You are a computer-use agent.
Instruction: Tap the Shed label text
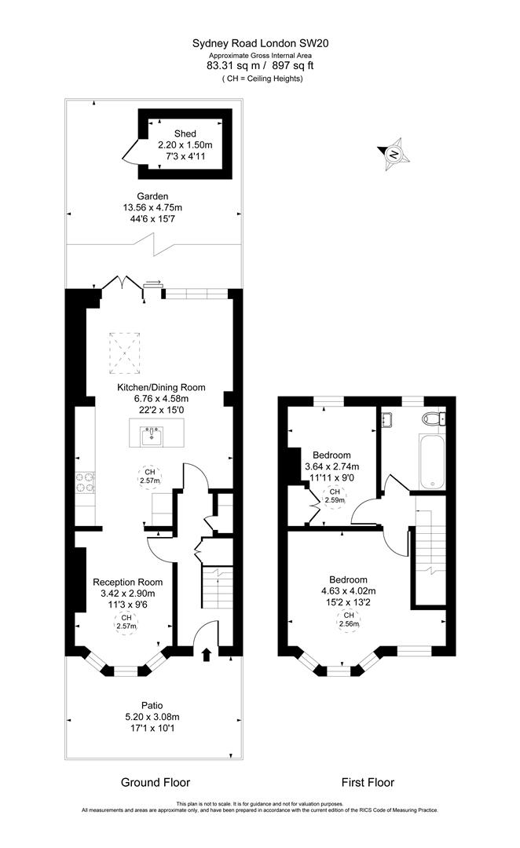[x=185, y=133]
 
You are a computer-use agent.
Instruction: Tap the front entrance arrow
[x=207, y=654]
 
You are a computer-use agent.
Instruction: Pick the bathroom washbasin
[x=386, y=421]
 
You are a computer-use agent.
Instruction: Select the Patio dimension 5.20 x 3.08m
[x=152, y=716]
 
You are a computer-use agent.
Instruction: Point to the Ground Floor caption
[x=155, y=782]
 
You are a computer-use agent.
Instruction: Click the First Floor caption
[x=367, y=782]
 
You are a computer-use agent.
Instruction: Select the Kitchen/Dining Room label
[x=161, y=387]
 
